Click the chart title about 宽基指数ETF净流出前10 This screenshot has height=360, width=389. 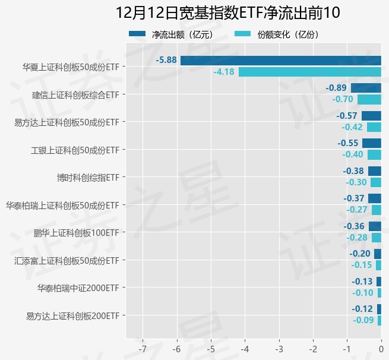(x=228, y=13)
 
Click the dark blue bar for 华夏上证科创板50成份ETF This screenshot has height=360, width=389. (x=280, y=60)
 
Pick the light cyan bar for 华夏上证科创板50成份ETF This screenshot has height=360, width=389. (x=309, y=72)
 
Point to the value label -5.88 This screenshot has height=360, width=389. (x=166, y=60)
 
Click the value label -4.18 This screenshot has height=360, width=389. (x=224, y=72)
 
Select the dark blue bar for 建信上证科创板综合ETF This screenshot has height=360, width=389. (x=366, y=88)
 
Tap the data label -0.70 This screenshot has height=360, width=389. (x=343, y=99)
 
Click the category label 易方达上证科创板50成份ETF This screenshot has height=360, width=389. (x=67, y=122)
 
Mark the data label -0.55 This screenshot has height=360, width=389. (x=347, y=143)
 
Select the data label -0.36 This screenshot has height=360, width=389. (x=354, y=226)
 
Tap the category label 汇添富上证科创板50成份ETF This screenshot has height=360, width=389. (x=67, y=260)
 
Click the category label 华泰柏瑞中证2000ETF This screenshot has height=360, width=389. (x=78, y=288)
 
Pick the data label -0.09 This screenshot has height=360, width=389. (x=363, y=320)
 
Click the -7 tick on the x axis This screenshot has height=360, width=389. (x=143, y=347)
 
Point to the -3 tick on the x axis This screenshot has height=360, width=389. (x=279, y=347)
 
